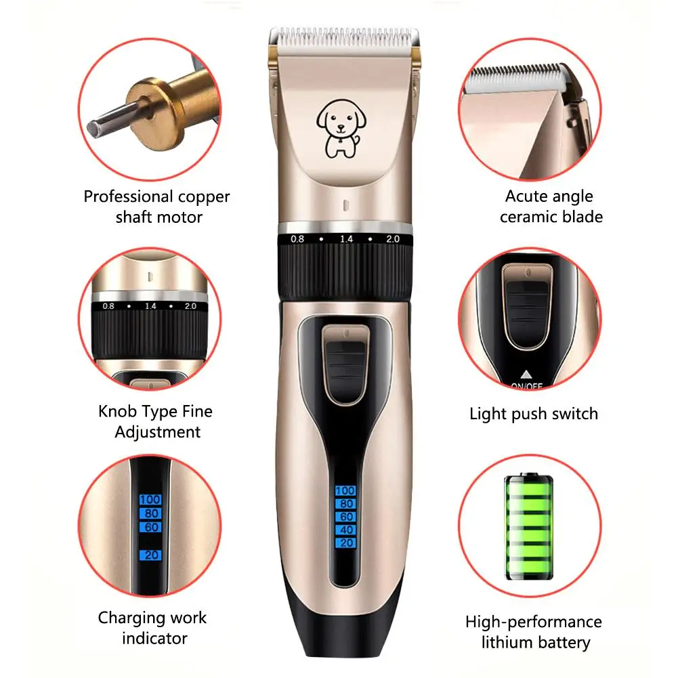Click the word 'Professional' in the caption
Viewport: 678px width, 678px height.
click(x=128, y=196)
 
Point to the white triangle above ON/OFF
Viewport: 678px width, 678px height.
click(x=526, y=373)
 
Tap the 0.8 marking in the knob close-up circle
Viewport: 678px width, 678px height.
click(x=108, y=306)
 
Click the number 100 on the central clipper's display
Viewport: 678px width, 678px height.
click(x=345, y=490)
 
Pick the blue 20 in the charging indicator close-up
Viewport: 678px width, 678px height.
click(x=150, y=555)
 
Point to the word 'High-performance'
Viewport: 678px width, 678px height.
click(x=533, y=622)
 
